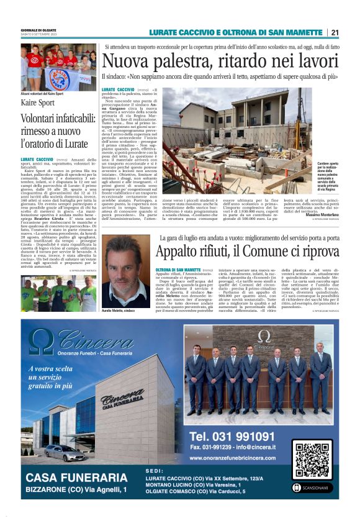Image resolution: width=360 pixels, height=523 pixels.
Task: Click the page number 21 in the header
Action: (335, 32)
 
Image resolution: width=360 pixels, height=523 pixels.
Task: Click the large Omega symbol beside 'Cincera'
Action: (42, 342)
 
